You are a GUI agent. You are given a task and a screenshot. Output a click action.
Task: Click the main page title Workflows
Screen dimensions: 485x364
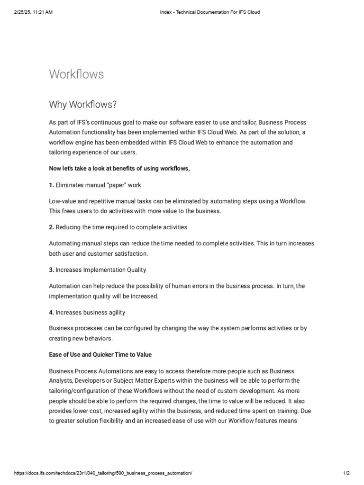coord(76,74)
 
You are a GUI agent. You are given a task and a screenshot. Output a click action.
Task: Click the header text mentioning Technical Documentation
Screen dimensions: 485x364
coord(209,12)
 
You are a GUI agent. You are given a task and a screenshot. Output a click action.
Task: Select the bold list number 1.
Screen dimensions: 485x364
coord(51,185)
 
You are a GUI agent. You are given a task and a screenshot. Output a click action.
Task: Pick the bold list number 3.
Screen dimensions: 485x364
coord(51,270)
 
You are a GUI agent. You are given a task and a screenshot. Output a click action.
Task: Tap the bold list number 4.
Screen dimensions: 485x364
coord(51,313)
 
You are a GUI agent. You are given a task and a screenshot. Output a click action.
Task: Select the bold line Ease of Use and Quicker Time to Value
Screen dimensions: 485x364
coord(100,354)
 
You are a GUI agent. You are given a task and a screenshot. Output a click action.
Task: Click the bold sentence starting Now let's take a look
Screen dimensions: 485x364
coord(119,169)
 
